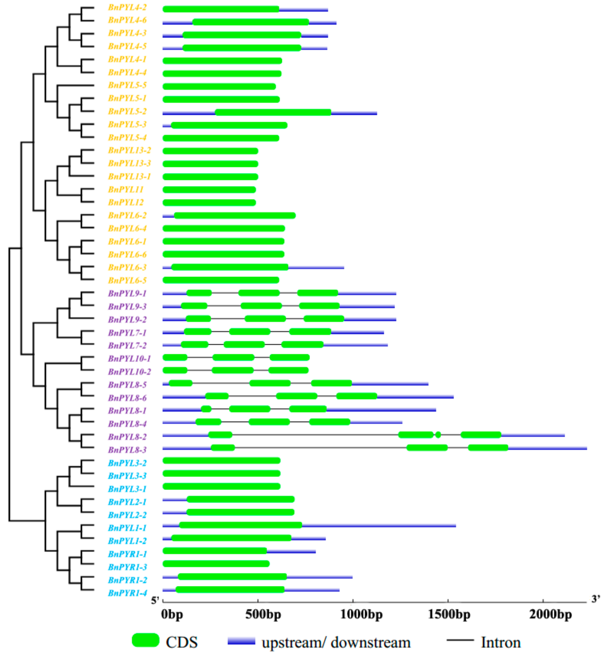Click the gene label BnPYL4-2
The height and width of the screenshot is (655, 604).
[x=127, y=7]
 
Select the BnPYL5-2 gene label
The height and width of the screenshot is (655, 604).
[x=127, y=111]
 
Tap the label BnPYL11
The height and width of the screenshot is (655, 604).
[x=126, y=190]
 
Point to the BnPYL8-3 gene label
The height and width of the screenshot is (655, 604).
[x=127, y=450]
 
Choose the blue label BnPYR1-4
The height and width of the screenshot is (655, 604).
[x=127, y=593]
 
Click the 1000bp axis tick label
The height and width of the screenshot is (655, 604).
[x=361, y=615]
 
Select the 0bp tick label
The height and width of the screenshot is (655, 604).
[x=172, y=615]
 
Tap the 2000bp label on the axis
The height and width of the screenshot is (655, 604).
[x=551, y=615]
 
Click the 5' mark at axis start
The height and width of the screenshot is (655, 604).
[x=155, y=600]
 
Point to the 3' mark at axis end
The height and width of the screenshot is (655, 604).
[x=596, y=598]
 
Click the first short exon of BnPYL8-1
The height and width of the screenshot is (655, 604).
[x=206, y=409]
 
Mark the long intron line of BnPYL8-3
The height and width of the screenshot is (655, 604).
[x=320, y=448]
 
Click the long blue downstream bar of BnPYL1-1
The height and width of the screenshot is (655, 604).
[x=379, y=526]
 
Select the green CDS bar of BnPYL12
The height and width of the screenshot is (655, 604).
[x=209, y=203]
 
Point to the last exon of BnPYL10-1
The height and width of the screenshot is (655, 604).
[x=290, y=357]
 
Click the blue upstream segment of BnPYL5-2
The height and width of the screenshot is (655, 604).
[x=189, y=113]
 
